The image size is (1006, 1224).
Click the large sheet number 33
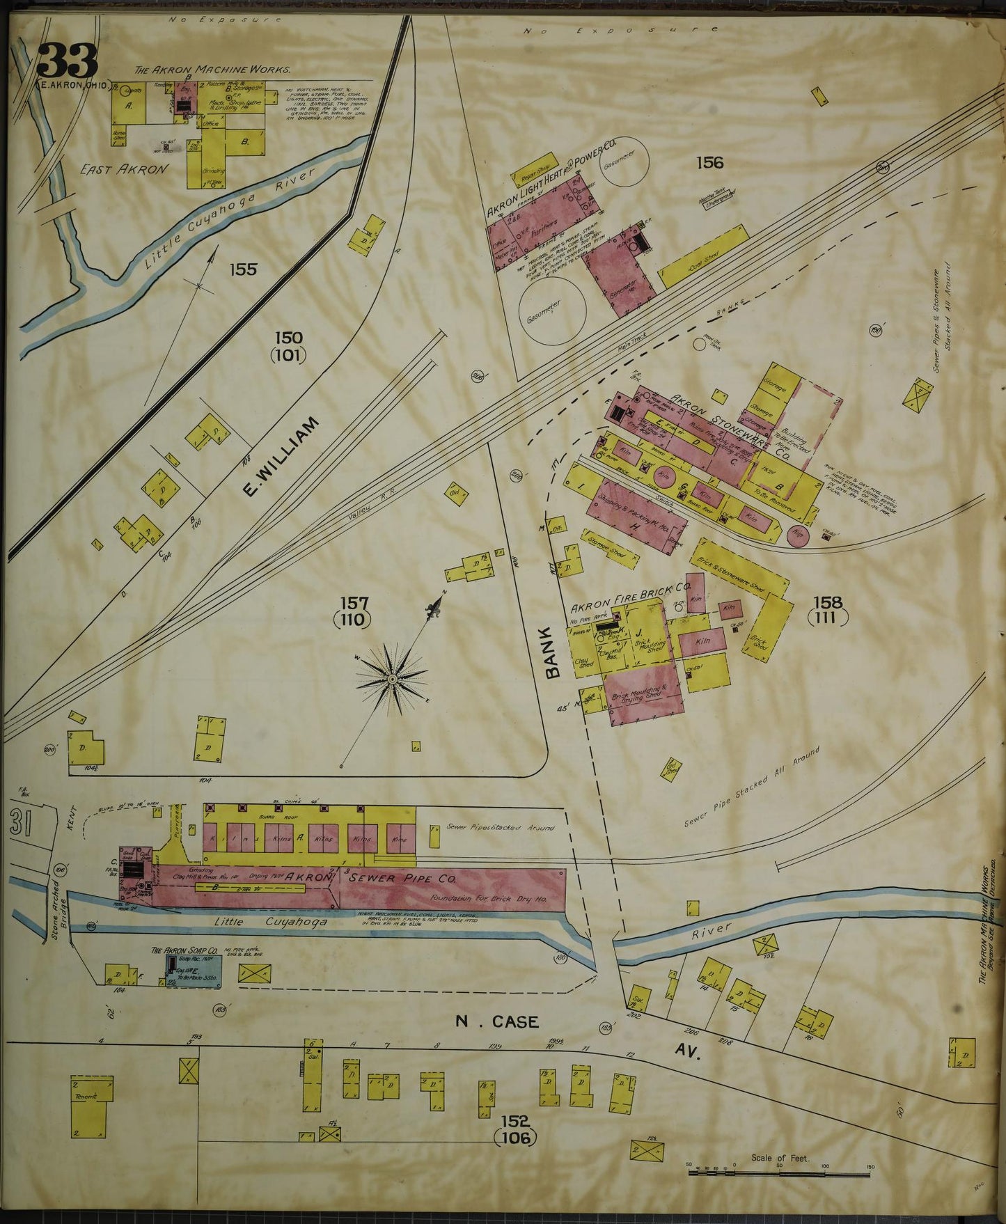[x=67, y=61]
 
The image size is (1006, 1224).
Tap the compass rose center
[x=393, y=677]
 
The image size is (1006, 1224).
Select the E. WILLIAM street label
[x=279, y=457]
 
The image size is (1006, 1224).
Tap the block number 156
[x=709, y=163]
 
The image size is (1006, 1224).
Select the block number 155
[x=243, y=269]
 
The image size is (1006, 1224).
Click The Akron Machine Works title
[x=212, y=70]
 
